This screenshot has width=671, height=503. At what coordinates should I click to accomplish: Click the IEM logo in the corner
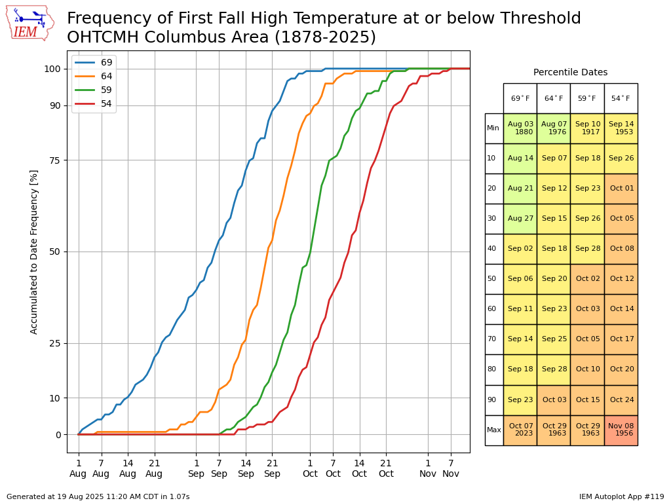(30, 22)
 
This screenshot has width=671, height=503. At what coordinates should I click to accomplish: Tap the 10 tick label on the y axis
(56, 398)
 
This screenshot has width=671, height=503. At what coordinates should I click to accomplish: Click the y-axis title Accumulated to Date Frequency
(34, 251)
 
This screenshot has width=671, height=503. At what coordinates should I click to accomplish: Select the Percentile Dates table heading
(570, 73)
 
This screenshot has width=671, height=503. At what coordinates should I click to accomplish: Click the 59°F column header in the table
(587, 98)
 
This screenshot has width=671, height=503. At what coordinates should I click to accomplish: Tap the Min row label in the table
(493, 128)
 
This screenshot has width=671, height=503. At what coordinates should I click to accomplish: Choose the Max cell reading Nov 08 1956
(621, 430)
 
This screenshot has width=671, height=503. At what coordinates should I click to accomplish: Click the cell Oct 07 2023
(520, 430)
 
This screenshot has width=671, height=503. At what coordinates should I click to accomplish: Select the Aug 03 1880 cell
(520, 128)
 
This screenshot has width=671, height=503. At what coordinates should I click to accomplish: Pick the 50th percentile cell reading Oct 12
(621, 279)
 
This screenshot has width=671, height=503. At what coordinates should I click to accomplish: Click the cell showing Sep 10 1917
(587, 128)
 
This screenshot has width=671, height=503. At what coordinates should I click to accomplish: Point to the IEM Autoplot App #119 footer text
(621, 496)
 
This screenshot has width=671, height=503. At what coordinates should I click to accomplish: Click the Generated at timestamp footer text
(98, 496)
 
